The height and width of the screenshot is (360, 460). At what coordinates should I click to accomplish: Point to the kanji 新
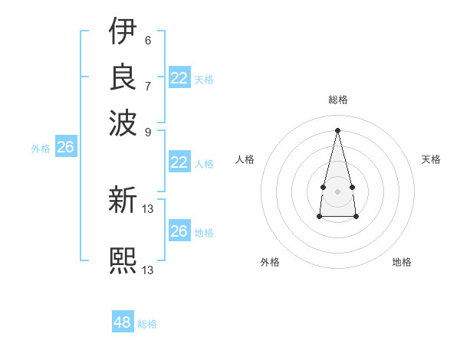[123, 199]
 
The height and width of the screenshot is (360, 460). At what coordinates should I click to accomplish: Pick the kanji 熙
[123, 260]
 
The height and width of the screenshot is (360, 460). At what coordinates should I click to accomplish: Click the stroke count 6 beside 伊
[147, 40]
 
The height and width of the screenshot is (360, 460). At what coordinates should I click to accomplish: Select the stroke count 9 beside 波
[147, 131]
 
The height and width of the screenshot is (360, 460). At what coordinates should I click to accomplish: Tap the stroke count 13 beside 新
[148, 208]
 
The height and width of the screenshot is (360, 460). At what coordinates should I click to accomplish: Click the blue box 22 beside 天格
[179, 78]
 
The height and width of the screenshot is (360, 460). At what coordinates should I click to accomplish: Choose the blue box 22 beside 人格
[179, 162]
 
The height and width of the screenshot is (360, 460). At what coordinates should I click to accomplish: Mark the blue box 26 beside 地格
[179, 231]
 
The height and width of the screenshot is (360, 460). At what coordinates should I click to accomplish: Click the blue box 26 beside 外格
[65, 148]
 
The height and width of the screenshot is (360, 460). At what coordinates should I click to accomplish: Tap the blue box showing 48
[123, 322]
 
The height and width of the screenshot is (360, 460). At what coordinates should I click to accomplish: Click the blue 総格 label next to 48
[147, 324]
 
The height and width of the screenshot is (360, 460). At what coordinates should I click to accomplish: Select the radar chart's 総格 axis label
[337, 100]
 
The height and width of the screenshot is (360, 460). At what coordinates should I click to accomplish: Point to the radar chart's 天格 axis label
[431, 159]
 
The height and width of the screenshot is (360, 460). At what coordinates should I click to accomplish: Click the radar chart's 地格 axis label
[402, 262]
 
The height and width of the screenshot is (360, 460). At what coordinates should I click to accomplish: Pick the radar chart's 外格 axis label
[270, 262]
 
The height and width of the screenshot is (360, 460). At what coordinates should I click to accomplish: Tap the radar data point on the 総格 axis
[337, 129]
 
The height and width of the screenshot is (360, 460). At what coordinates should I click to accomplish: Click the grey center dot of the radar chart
[337, 191]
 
